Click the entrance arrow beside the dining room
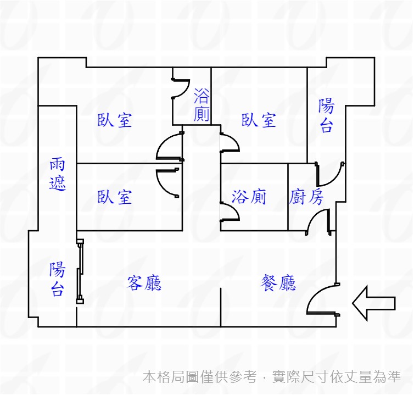pos(373,303)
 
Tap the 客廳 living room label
pos(144,283)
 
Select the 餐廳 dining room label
pos(278,283)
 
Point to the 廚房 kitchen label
pos(306,197)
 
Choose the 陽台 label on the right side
pos(326,116)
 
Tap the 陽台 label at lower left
pos(57,279)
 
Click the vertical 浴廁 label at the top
pos(202,106)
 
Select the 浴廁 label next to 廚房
pos(249,197)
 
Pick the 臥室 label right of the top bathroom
pos(259,120)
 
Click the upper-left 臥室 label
pos(115,120)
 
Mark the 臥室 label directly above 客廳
pos(115,197)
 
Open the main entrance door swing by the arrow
pos(322,299)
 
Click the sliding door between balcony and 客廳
pos(81,271)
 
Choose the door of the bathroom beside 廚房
pos(230,212)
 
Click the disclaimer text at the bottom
pos(272,377)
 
